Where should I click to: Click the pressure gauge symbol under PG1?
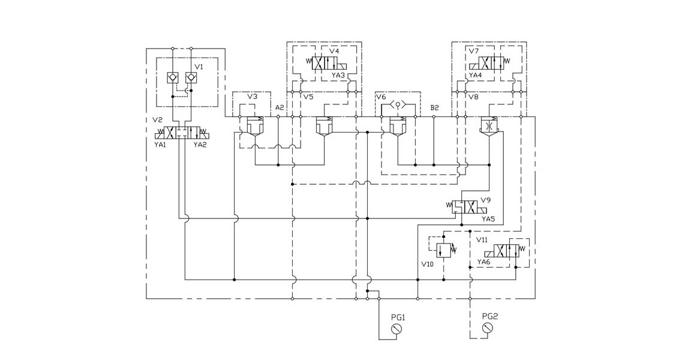coord(395,329)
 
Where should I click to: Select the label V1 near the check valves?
coord(199,67)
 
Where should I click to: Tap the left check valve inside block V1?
coord(173,77)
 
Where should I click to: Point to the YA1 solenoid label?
coord(160,144)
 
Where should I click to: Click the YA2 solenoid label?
coord(200,144)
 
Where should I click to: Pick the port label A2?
coord(280,107)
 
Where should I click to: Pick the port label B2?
coord(435,107)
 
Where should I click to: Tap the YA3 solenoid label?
coord(338,76)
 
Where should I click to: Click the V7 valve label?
coord(473,52)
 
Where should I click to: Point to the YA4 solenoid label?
coord(475,76)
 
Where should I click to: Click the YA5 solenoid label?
coord(488,219)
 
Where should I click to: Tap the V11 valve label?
coord(482,239)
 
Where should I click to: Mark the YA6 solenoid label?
coord(484,262)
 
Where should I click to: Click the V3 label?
coord(253,97)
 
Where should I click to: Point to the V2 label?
coord(158,120)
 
